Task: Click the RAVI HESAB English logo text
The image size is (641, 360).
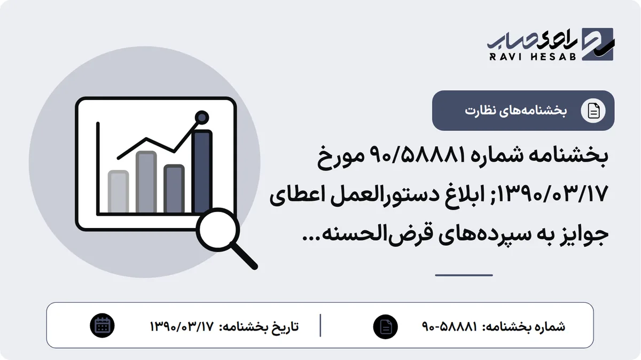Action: (x=533, y=57)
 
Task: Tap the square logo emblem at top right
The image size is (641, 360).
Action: (x=598, y=44)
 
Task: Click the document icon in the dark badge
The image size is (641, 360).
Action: (x=593, y=111)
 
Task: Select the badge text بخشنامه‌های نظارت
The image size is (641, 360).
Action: (x=515, y=111)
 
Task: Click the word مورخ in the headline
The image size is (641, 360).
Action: (x=341, y=158)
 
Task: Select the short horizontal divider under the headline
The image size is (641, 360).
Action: (x=464, y=275)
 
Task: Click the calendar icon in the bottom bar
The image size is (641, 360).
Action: (x=102, y=326)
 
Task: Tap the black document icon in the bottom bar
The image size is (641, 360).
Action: (x=386, y=326)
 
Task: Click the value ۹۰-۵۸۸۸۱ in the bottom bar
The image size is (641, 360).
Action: (x=450, y=326)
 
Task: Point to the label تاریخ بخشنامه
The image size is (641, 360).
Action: (x=259, y=327)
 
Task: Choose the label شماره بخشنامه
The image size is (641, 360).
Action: (x=524, y=327)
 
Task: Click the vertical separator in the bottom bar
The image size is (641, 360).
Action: (x=320, y=325)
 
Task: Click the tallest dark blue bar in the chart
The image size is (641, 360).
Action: (x=202, y=171)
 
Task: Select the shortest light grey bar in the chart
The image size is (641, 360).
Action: (x=118, y=191)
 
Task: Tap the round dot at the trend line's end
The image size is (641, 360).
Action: (x=202, y=118)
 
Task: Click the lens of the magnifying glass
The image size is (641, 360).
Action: (x=218, y=230)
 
